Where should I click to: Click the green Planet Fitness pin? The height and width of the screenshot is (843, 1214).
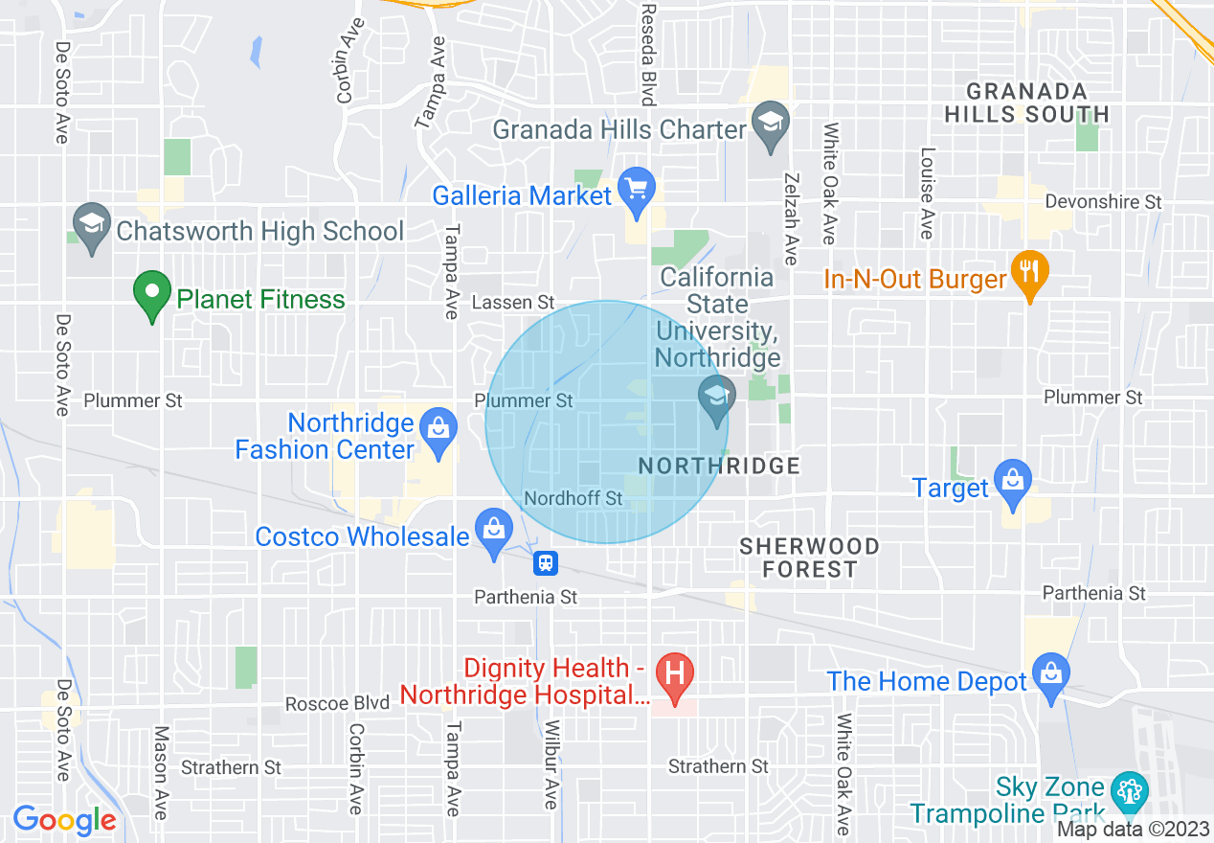[151, 296]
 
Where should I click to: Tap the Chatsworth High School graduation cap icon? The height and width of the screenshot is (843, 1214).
[91, 228]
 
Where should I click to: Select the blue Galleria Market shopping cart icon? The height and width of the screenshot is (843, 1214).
[637, 192]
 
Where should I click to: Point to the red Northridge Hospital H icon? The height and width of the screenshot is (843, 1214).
[674, 678]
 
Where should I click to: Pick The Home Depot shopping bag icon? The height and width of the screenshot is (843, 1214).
[1050, 677]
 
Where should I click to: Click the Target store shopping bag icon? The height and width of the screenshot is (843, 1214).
[1012, 484]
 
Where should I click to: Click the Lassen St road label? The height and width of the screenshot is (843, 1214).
[514, 303]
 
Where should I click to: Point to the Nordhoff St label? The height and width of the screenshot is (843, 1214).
[573, 499]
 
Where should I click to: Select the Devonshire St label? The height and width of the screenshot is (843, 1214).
[1103, 202]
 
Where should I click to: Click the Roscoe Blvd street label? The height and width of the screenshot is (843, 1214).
[338, 704]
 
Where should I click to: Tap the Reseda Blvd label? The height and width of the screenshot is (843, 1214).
[648, 54]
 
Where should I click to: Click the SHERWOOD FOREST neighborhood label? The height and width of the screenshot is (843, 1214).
[810, 558]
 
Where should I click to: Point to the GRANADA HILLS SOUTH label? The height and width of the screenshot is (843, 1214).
[1026, 103]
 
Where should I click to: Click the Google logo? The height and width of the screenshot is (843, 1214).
[64, 820]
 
